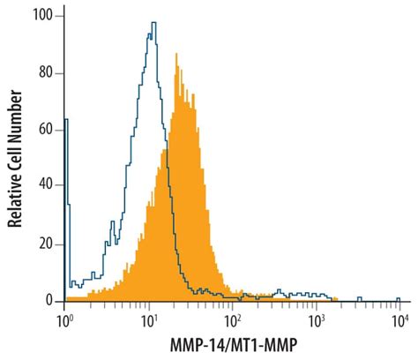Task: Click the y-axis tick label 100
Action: (41, 16)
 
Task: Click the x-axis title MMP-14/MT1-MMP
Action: (233, 345)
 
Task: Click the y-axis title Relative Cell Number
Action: (16, 159)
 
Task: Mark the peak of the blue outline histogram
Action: (153, 24)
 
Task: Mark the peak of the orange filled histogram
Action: (177, 55)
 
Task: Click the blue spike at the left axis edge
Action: (67, 132)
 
